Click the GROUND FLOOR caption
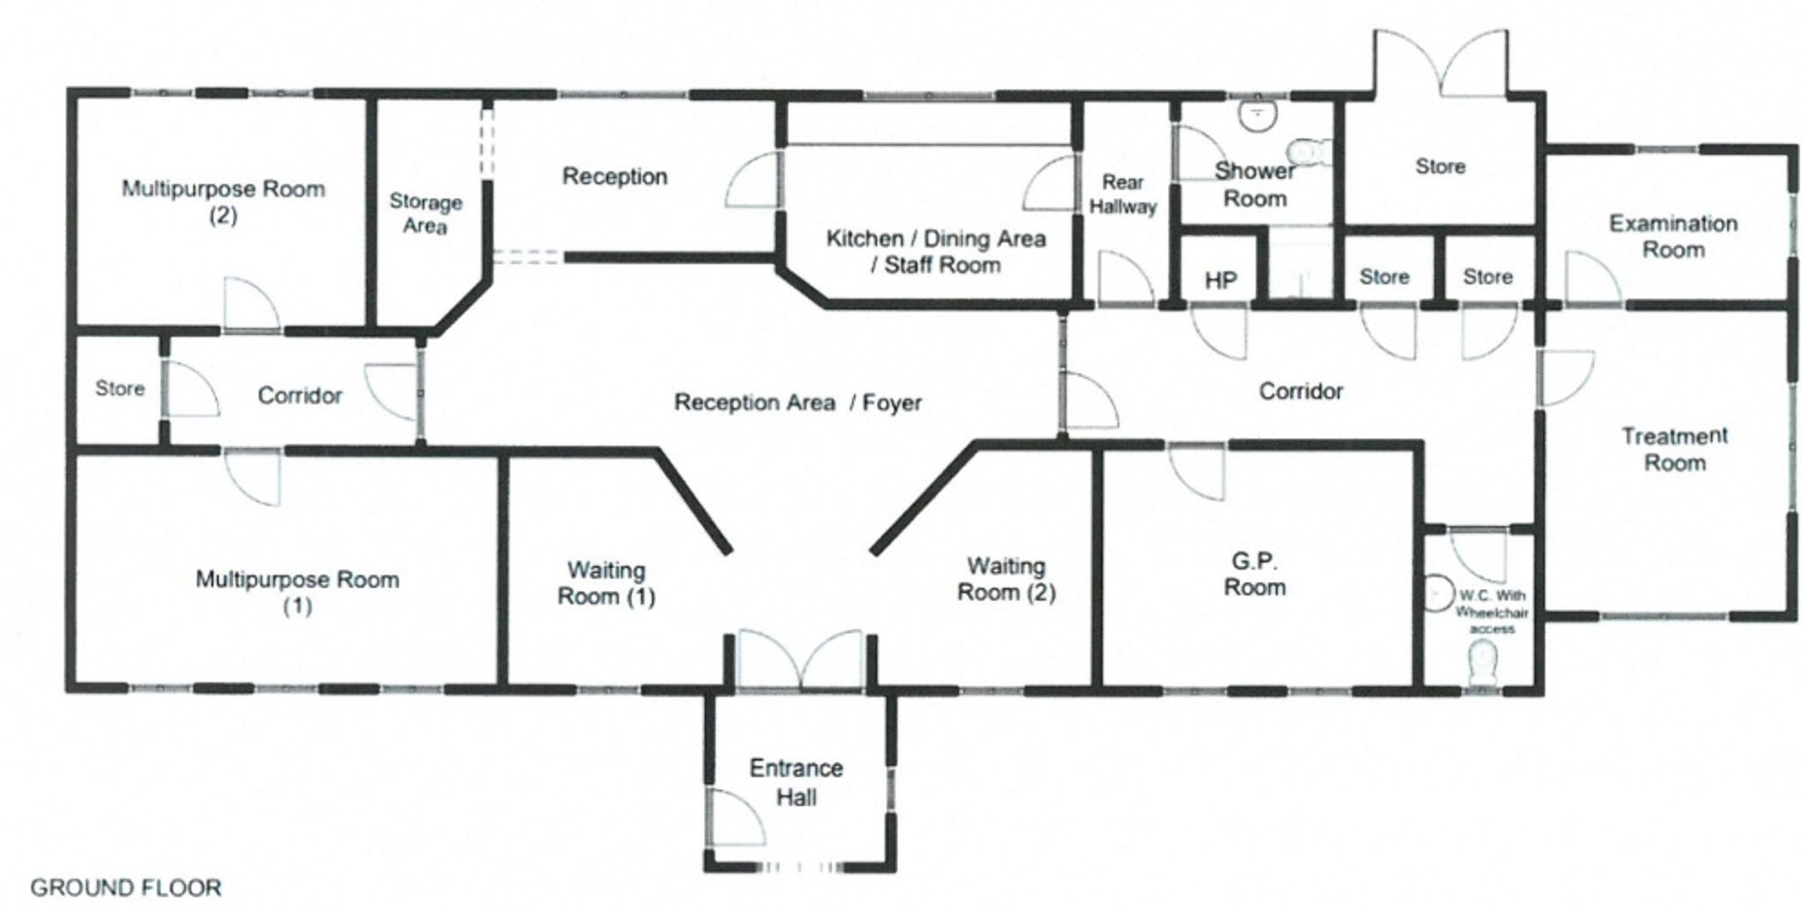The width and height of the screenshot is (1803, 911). coord(126,888)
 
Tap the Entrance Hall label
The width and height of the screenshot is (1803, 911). coord(797,782)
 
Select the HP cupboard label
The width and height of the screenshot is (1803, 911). coord(1221,281)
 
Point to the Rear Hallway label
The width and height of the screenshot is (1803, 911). coord(1122,195)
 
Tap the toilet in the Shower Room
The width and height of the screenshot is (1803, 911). coord(1309,151)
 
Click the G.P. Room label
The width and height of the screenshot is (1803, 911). coord(1254,574)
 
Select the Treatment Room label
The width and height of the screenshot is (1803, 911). coord(1675,449)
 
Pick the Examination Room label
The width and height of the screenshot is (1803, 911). coord(1673,236)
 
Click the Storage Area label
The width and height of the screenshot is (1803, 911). coord(426,214)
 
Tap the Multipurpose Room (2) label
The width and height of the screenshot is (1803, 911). coord(224,202)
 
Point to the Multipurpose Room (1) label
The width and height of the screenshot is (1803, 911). coord(297,592)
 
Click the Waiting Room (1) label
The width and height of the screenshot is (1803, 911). coord(606,583)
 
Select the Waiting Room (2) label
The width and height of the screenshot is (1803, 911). coord(1006,578)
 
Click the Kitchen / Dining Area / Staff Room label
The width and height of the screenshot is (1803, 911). coord(936,251)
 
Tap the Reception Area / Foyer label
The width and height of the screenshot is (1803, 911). coord(798,402)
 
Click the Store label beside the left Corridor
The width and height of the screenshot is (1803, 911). coord(120,388)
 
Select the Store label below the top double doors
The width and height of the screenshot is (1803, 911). coord(1440,167)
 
